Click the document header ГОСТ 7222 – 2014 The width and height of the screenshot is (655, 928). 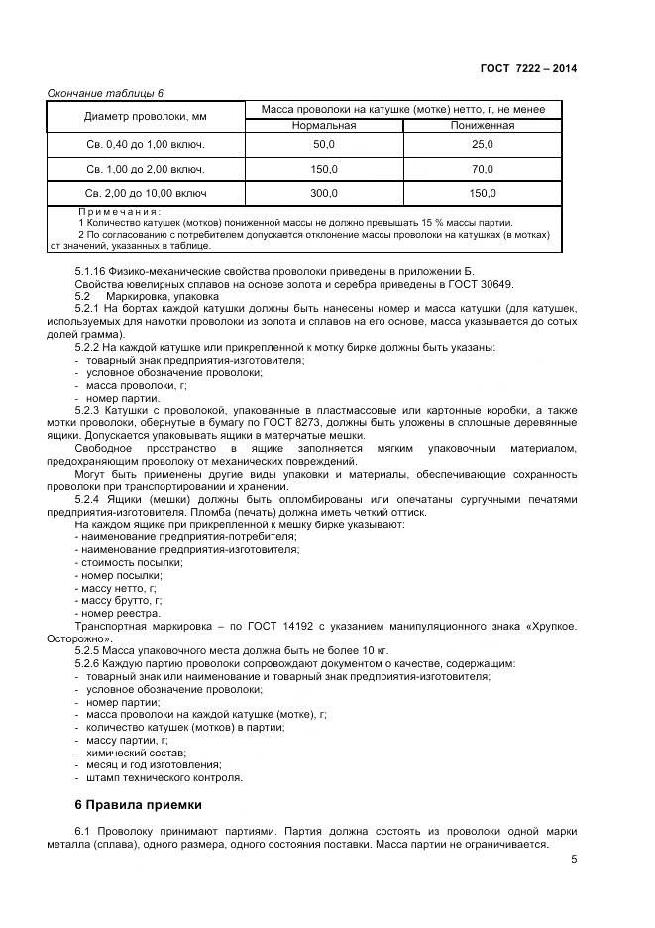pos(528,68)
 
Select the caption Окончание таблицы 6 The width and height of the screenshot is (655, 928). pos(105,93)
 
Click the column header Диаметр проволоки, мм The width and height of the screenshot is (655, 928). pos(146,117)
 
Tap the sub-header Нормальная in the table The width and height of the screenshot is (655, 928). pos(323,126)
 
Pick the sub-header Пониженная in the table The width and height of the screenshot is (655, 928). pos(482,126)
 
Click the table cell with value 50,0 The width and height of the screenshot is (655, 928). pos(324,145)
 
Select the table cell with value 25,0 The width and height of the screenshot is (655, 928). pos(482,145)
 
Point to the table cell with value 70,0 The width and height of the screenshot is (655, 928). pos(482,169)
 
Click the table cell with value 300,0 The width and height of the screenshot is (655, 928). pos(324,193)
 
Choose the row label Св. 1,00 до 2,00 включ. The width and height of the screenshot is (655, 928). pos(146,169)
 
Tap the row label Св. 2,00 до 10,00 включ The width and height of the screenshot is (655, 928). pos(146,193)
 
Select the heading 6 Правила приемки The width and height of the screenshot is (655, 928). pos(139,804)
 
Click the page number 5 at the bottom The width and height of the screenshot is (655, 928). pos(573,860)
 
